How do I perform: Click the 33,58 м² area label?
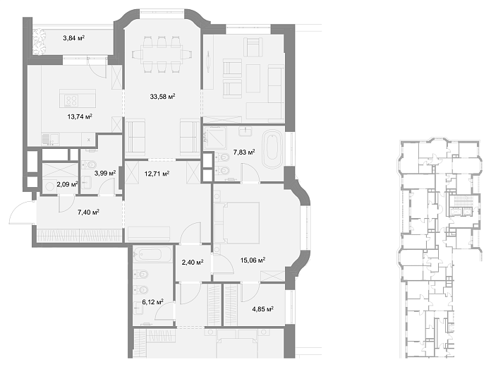[x=162, y=96]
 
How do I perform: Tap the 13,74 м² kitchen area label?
[x=80, y=116]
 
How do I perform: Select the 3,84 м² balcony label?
[x=73, y=38]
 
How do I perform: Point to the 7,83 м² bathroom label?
[x=244, y=152]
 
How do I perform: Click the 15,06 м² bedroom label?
[x=253, y=260]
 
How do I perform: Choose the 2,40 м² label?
[x=193, y=262]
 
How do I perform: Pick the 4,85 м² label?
[x=262, y=309]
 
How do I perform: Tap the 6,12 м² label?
[x=153, y=302]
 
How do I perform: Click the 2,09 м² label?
[x=67, y=184]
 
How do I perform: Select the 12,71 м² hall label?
[x=157, y=174]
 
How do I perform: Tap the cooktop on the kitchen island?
[x=71, y=101]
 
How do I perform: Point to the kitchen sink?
[x=50, y=139]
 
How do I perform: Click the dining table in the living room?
[x=162, y=54]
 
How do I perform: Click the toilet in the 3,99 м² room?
[x=89, y=164]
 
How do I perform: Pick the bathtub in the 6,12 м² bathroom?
[x=152, y=254]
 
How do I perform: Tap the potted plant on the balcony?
[x=40, y=42]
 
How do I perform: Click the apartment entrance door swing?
[x=23, y=213]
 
